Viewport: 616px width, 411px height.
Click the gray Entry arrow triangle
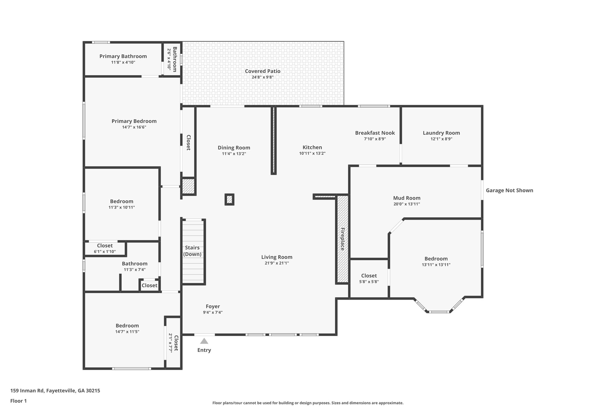coord(204,341)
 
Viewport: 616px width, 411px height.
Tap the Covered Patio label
coord(263,71)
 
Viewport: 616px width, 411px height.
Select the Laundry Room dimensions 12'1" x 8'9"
coord(441,139)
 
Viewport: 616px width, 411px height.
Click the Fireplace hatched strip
coord(342,239)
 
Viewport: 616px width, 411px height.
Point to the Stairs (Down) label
coord(192,251)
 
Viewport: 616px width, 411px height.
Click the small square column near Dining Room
coord(229,199)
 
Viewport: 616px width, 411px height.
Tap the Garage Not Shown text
coord(510,190)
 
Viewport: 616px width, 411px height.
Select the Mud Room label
coord(407,198)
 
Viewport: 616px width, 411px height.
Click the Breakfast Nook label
coord(375,133)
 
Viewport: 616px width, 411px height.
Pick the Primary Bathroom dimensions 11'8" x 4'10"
coord(123,62)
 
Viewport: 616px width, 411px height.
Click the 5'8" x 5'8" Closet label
coord(369,276)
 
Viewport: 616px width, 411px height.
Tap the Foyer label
coord(213,307)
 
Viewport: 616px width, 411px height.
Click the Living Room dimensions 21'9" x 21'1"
coord(277,263)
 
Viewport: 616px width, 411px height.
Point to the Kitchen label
coord(312,147)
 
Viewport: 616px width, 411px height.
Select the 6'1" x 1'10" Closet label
coord(105,246)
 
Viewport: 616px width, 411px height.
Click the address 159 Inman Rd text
coord(55,391)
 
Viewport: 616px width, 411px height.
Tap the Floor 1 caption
coord(18,401)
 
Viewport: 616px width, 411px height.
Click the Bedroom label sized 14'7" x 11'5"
coord(127,325)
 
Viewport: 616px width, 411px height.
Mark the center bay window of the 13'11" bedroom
coord(439,312)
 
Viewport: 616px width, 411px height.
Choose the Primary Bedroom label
coord(134,121)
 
